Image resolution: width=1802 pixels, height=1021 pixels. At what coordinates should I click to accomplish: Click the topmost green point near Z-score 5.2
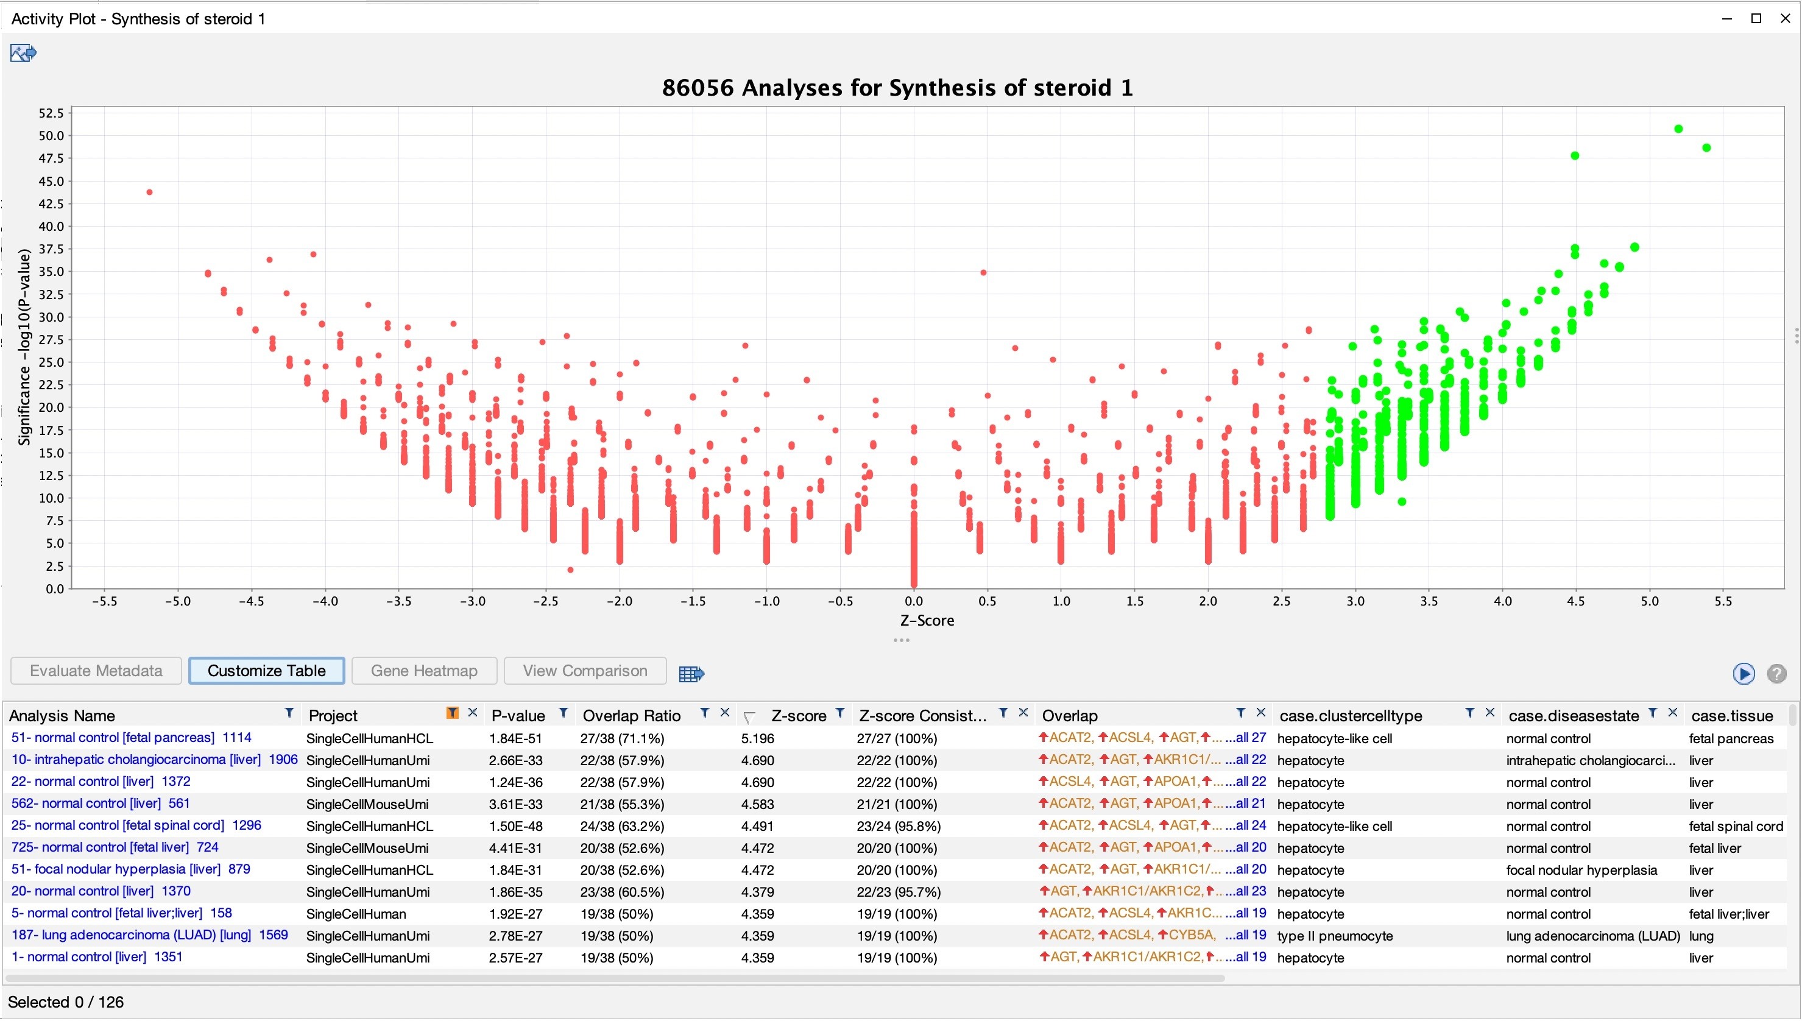click(x=1678, y=129)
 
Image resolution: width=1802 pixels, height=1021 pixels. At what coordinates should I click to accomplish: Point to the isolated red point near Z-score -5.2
click(x=149, y=192)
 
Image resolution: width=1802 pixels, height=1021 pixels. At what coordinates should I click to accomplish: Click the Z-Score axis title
click(x=927, y=621)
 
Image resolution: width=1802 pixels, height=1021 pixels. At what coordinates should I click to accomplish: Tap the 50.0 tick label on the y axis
click(x=51, y=136)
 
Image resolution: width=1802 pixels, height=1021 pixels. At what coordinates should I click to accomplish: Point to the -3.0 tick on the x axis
click(x=472, y=601)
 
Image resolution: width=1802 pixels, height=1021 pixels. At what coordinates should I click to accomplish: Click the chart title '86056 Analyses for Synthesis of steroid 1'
click(x=897, y=88)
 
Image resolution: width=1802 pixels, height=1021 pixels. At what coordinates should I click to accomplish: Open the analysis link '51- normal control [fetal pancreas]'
click(x=113, y=738)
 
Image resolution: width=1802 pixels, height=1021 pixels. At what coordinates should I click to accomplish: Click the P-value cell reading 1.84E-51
click(x=516, y=738)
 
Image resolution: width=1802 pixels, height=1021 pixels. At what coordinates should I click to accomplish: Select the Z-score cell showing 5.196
click(x=757, y=738)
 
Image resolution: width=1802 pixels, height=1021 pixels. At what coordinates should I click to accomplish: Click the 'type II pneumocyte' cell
click(x=1335, y=936)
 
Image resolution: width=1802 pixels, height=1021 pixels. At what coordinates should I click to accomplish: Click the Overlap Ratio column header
click(x=632, y=716)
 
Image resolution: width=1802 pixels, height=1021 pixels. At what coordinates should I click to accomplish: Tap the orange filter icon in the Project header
click(x=452, y=713)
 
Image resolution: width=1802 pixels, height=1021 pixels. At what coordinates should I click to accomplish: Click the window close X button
click(x=1785, y=18)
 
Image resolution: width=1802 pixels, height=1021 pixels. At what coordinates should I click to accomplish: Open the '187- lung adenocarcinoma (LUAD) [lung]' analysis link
click(x=131, y=936)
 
